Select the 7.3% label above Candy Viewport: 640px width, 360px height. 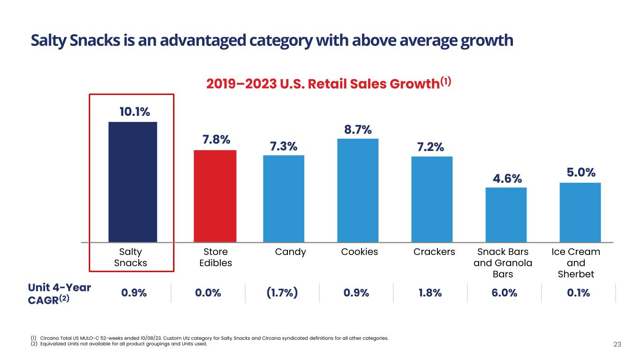pos(283,146)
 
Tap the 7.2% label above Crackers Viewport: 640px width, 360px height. pos(430,147)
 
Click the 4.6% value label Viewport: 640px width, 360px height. pos(506,179)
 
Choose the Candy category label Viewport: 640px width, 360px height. pos(290,252)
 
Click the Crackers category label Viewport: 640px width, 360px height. pos(434,252)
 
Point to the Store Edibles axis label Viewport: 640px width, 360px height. pos(216,257)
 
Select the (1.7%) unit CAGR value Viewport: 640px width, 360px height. pos(282,293)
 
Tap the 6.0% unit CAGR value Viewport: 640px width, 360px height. pos(504,293)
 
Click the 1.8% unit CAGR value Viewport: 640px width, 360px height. pos(430,293)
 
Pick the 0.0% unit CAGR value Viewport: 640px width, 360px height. pos(208,293)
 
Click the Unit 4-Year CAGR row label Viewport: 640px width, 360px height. pos(60,293)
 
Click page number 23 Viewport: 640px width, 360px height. pos(617,345)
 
